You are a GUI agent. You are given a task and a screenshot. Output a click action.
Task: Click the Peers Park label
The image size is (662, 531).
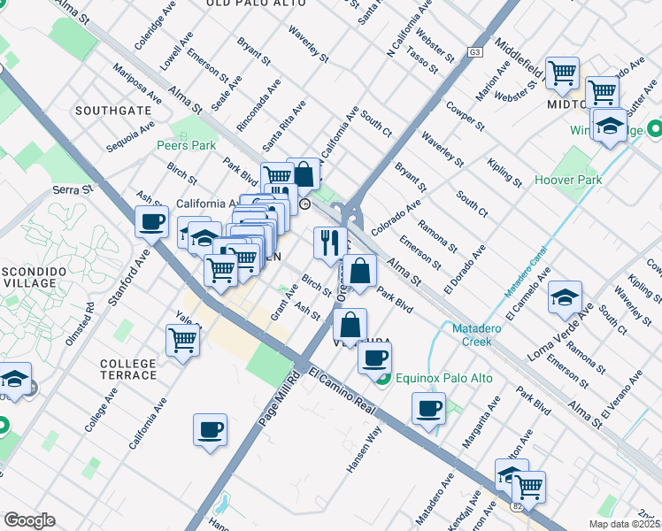pyautogui.click(x=186, y=145)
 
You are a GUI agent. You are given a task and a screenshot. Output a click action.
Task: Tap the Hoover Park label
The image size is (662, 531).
pyautogui.click(x=568, y=180)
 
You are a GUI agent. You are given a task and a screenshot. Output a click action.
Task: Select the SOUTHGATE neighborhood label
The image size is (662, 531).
pyautogui.click(x=112, y=111)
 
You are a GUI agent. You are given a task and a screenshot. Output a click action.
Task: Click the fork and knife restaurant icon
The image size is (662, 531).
pyautogui.click(x=330, y=242)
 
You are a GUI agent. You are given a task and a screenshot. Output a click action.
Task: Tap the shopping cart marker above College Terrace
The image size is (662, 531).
pyautogui.click(x=182, y=339)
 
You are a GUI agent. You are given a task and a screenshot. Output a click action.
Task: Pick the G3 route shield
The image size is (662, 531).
pyautogui.click(x=475, y=53)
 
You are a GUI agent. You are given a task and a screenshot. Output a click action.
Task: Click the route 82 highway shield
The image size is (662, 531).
pyautogui.click(x=517, y=506)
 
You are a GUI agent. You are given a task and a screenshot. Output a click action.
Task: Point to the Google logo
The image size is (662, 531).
pyautogui.click(x=29, y=520)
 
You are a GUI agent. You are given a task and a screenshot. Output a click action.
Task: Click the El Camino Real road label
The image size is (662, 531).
pyautogui.click(x=345, y=389)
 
